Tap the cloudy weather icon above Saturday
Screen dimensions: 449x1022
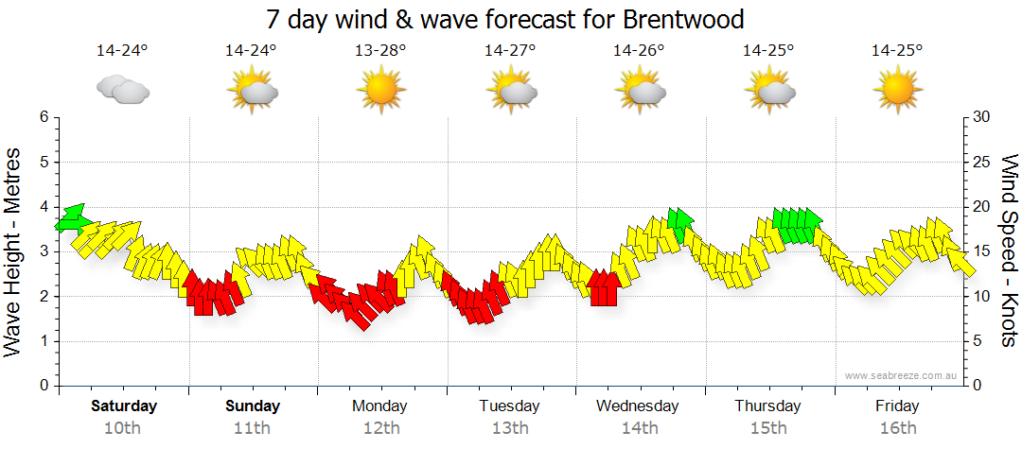point(123,89)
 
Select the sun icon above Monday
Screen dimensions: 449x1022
point(380,89)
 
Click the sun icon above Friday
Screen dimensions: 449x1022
point(897,89)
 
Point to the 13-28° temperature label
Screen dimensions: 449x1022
point(380,50)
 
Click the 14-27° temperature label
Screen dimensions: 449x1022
point(510,50)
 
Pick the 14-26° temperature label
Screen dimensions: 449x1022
point(639,50)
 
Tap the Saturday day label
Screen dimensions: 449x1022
point(123,406)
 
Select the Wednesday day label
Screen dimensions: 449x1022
point(638,406)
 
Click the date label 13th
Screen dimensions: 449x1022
point(510,428)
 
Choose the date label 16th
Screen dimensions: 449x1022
point(897,428)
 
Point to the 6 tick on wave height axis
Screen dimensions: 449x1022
point(44,117)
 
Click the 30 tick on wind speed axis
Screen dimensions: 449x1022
point(982,117)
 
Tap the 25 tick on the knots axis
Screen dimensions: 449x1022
point(982,162)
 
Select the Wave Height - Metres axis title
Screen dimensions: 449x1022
point(14,251)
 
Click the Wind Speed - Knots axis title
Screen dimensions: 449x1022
point(1009,251)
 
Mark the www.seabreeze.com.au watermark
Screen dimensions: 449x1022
point(902,376)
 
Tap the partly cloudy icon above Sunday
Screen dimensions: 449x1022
point(252,89)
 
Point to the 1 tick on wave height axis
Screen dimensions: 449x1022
point(44,341)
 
